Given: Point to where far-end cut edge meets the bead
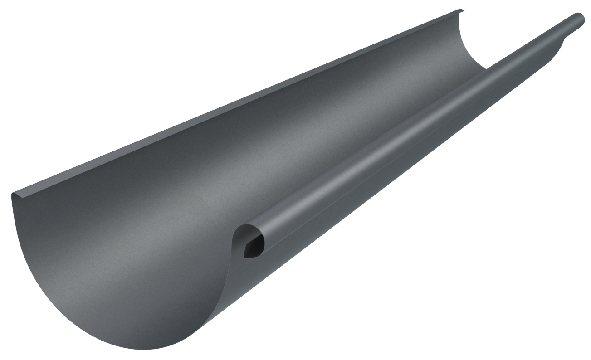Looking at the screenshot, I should tap(488, 68).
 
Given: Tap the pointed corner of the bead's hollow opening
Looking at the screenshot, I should tap(245, 256).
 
